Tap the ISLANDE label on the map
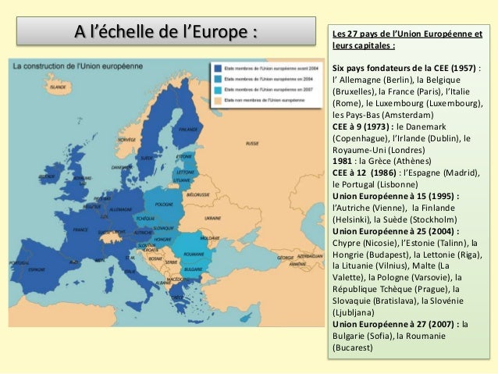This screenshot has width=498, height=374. tap(59, 87)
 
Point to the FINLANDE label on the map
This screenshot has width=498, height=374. tap(188, 130)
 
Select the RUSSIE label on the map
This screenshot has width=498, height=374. tap(252, 144)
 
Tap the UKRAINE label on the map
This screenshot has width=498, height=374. tap(213, 218)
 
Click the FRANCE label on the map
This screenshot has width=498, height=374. tap(81, 230)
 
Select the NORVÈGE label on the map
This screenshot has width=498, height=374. tap(126, 139)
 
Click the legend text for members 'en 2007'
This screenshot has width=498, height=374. tap(258, 90)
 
